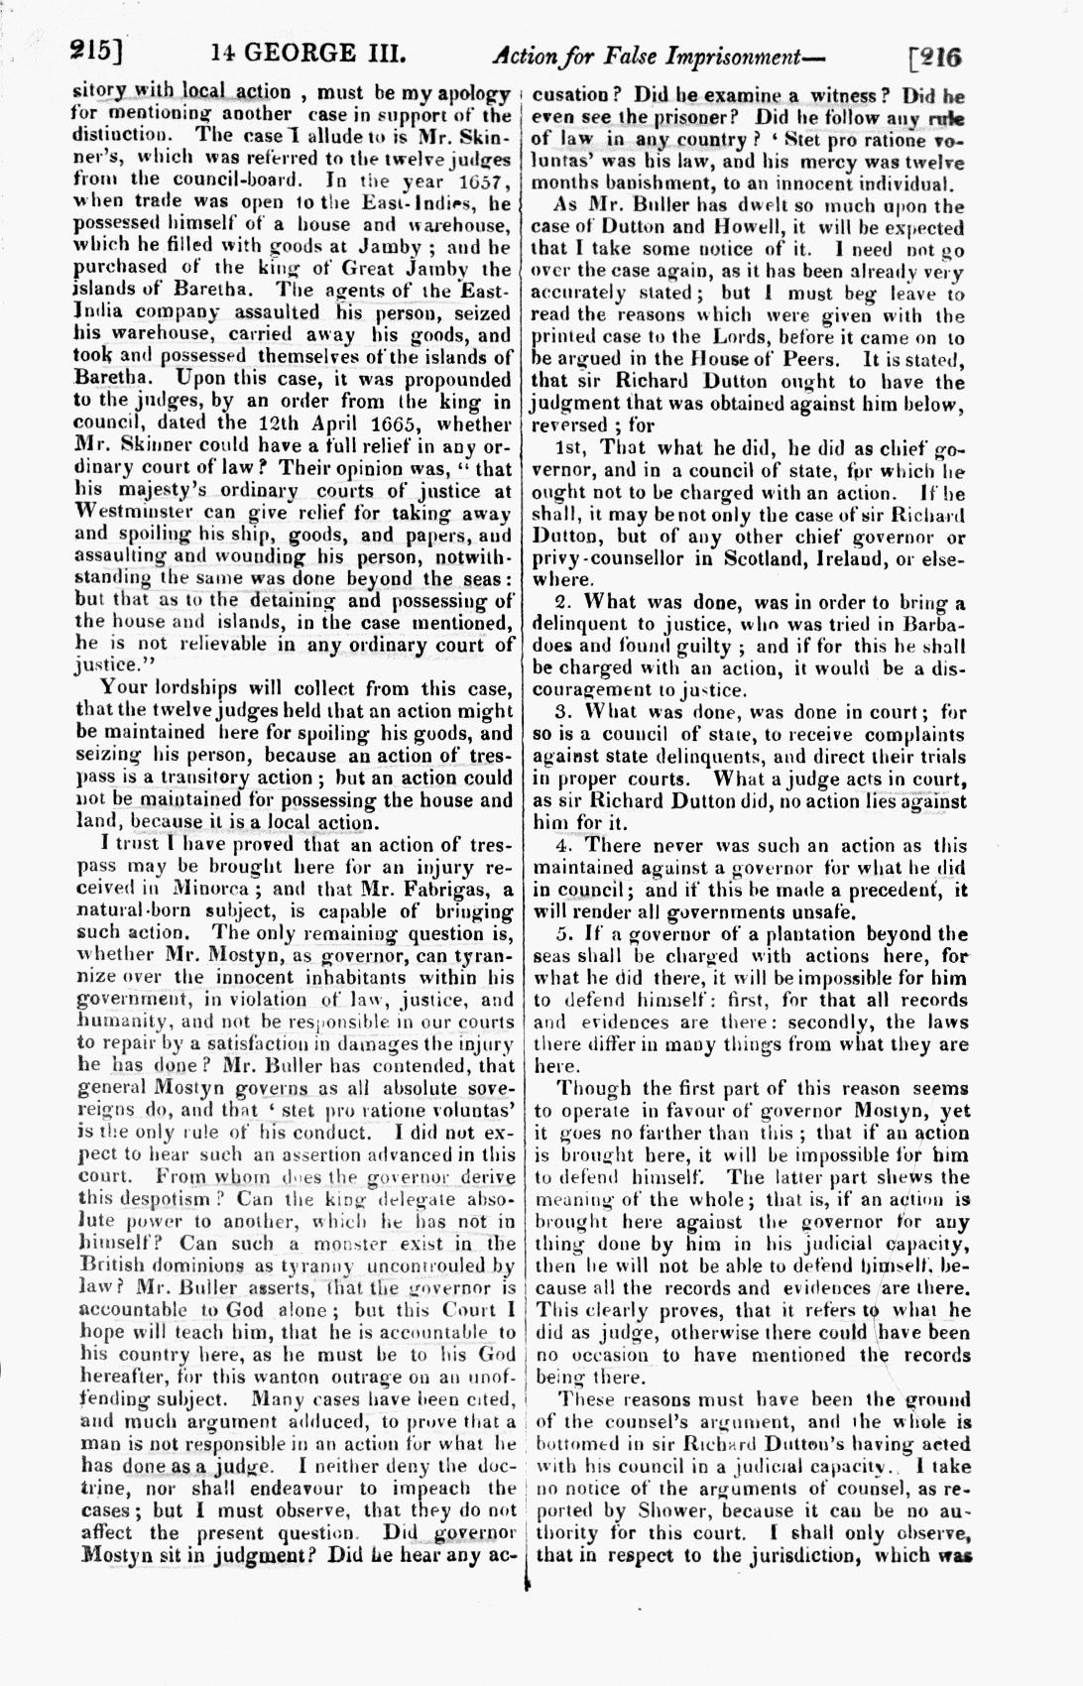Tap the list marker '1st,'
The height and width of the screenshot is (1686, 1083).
572,448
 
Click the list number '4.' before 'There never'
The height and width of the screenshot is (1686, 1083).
563,845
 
